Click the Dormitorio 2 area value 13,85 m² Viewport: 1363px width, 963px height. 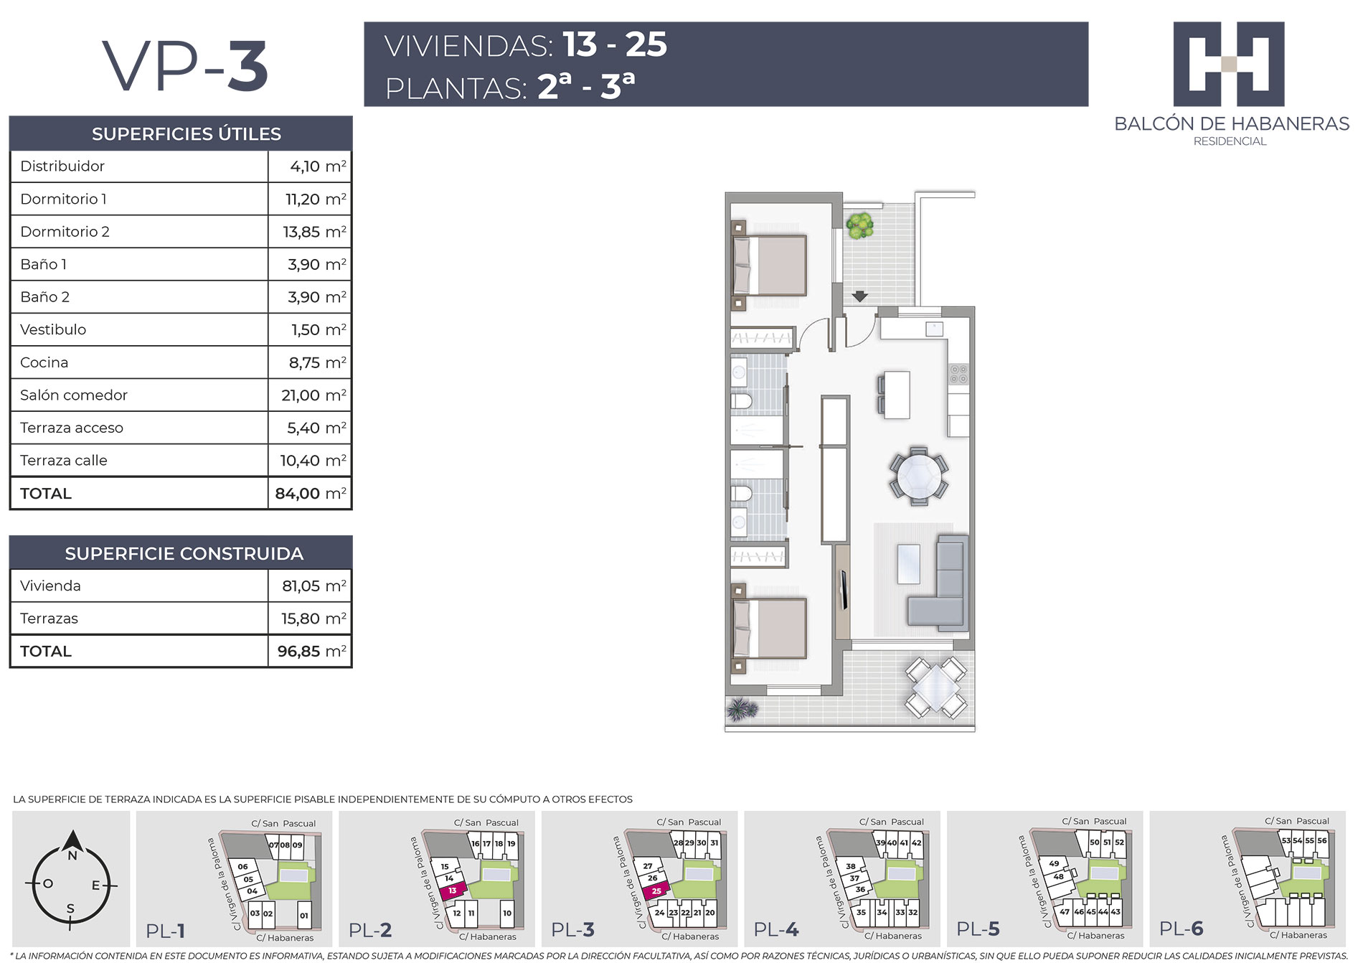point(314,232)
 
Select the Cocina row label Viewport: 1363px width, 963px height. point(44,362)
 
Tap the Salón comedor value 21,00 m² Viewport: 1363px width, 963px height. point(313,395)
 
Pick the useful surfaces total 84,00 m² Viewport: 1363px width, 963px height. point(311,494)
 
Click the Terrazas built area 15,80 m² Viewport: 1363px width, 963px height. point(313,619)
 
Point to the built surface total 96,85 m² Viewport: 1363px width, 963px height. point(312,652)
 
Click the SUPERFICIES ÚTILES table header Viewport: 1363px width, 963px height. point(187,134)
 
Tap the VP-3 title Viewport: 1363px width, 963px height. point(186,66)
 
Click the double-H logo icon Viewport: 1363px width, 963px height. point(1229,64)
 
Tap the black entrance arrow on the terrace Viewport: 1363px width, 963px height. point(859,296)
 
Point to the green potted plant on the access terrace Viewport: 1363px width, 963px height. point(859,225)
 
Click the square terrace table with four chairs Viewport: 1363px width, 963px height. point(935,687)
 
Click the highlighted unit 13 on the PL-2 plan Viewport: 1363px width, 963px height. point(453,891)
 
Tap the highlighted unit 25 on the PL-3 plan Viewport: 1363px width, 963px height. point(656,891)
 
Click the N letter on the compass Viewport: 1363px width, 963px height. point(72,855)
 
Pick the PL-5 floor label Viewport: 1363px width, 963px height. point(978,929)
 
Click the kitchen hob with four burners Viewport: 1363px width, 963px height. point(958,374)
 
